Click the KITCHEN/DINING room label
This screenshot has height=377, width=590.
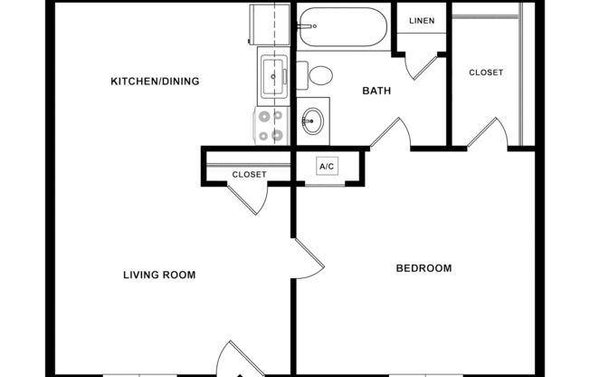click(155, 82)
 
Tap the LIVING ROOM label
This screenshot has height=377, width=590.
click(159, 275)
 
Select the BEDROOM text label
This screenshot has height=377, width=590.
click(423, 268)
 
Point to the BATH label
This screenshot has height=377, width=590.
click(376, 91)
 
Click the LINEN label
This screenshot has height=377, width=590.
click(421, 21)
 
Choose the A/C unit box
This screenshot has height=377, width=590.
click(327, 167)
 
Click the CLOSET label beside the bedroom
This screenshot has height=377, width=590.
click(486, 72)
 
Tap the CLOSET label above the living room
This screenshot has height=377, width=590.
click(249, 174)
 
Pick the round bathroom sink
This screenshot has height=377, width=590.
click(313, 121)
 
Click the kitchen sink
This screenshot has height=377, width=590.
click(271, 76)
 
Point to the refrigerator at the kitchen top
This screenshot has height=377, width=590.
click(272, 25)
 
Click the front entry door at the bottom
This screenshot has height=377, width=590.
click(233, 359)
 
